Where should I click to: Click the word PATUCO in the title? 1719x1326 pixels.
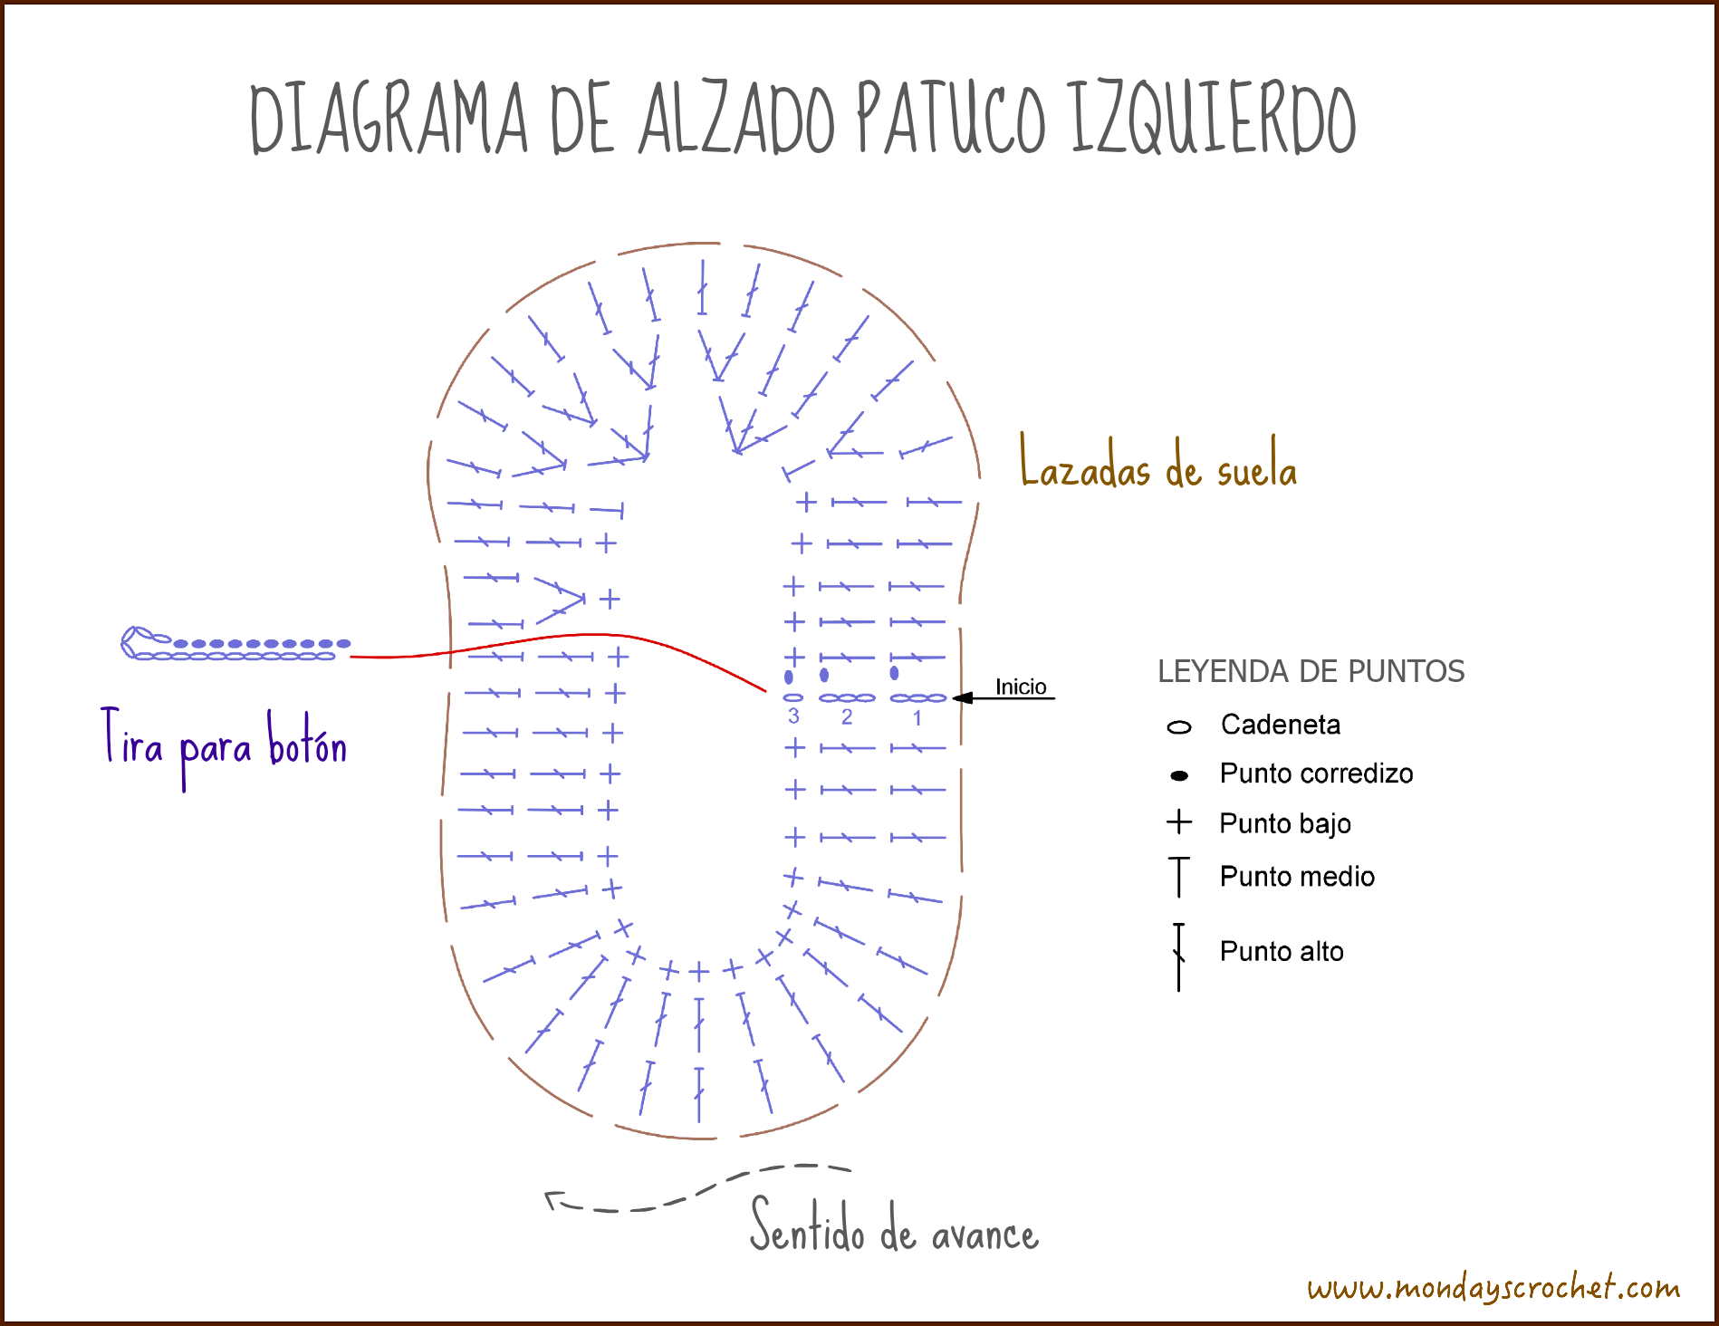click(950, 118)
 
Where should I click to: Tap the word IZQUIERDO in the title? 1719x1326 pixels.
click(1214, 118)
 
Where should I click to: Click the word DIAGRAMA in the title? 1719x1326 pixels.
click(389, 118)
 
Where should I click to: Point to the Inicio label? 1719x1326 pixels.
click(1021, 687)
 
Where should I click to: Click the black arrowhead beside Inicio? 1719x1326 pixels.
click(963, 697)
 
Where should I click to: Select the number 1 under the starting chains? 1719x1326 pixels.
click(917, 718)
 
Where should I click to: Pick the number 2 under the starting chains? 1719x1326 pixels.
click(847, 717)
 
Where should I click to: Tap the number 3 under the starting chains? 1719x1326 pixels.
click(793, 716)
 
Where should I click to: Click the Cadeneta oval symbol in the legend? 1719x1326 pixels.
click(1179, 726)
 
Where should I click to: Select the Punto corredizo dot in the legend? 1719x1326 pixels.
click(1179, 775)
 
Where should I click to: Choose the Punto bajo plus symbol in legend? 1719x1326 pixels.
click(1179, 822)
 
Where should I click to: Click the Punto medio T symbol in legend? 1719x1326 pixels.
click(1178, 877)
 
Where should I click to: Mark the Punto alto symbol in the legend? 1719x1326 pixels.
click(1178, 957)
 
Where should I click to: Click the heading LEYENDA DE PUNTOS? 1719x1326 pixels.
click(1311, 671)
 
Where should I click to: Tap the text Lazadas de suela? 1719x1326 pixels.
click(1158, 464)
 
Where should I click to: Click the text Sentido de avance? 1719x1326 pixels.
click(895, 1226)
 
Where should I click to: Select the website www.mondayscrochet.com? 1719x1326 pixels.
click(1493, 1287)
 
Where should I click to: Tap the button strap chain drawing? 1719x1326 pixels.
click(236, 644)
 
